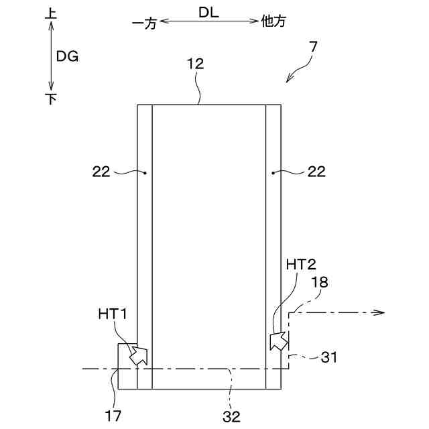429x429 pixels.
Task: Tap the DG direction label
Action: pos(68,57)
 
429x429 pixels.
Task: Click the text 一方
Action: pos(144,22)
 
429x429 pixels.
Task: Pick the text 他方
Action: pos(273,21)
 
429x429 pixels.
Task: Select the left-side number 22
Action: pos(101,172)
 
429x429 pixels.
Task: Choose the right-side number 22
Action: pos(317,172)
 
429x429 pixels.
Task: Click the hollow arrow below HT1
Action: pos(137,355)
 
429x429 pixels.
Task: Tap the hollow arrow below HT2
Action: pos(278,339)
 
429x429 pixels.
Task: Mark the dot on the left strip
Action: pos(145,172)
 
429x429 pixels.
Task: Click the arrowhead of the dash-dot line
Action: pos(379,312)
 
